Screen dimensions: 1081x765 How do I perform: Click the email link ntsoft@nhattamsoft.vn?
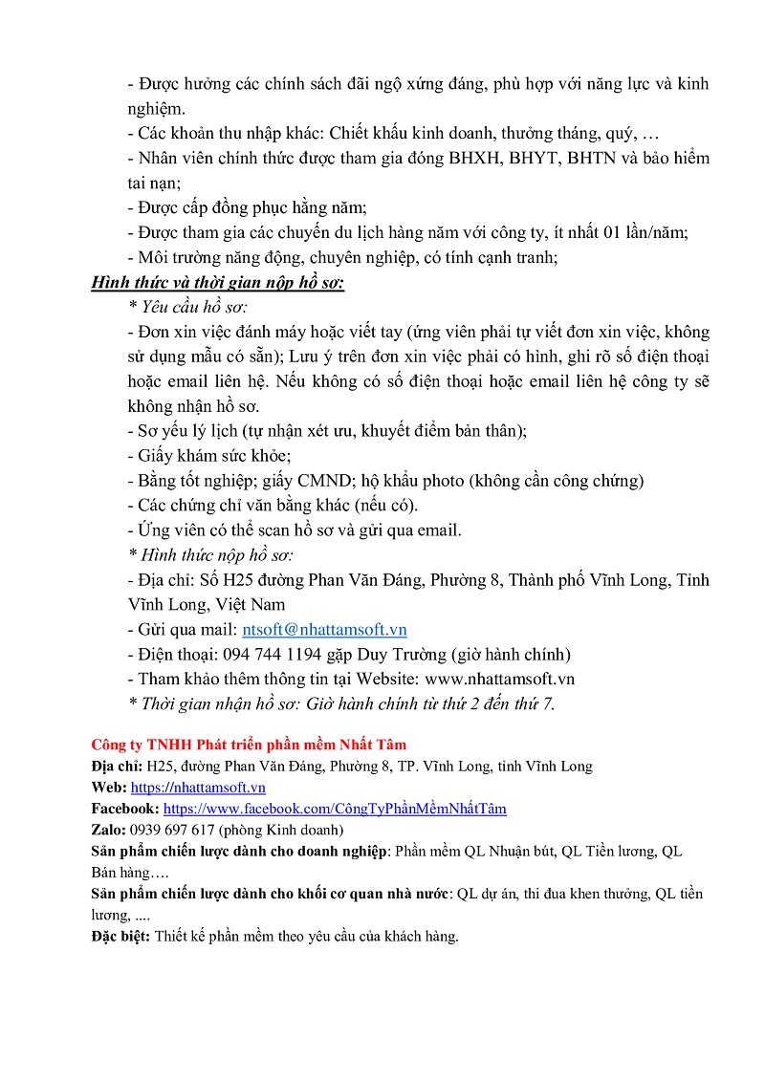pos(324,630)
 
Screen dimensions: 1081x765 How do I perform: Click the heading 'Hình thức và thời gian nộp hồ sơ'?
pos(218,282)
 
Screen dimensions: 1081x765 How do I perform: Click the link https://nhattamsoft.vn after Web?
pos(198,788)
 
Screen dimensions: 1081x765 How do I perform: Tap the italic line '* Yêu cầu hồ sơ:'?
pos(186,307)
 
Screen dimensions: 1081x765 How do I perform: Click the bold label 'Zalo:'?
pos(110,830)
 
